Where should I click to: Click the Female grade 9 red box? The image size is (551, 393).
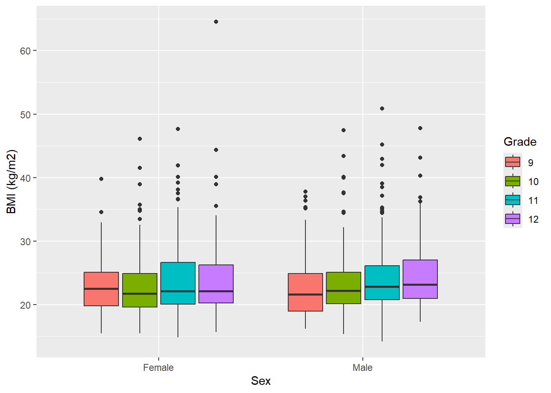pos(101,289)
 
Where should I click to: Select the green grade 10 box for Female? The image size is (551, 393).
pos(140,290)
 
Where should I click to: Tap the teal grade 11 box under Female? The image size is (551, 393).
pos(178,283)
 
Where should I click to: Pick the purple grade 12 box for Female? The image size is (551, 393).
pos(216,284)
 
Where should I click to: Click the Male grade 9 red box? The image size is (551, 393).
pos(305,292)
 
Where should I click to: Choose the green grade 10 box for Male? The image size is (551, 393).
pos(344,288)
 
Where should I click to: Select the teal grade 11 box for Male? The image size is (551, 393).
pos(382,282)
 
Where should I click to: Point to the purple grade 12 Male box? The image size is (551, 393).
pos(420,279)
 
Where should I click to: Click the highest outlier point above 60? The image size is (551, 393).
pos(216,22)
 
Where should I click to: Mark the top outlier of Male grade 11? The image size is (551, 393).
pos(382,108)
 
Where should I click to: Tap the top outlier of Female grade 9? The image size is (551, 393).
pos(101,179)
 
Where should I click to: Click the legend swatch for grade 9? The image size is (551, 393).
pos(512,162)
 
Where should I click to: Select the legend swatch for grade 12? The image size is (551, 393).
pos(512,219)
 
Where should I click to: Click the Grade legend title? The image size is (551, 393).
pos(520,142)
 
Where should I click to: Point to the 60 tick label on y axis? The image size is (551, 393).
pos(25,51)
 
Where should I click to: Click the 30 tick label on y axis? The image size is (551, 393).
pos(25,242)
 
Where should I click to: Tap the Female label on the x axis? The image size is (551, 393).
pos(158,368)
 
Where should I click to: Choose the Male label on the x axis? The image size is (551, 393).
pos(362,368)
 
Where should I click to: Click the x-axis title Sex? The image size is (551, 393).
pos(261,381)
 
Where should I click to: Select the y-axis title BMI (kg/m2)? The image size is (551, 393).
pos(11,181)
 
